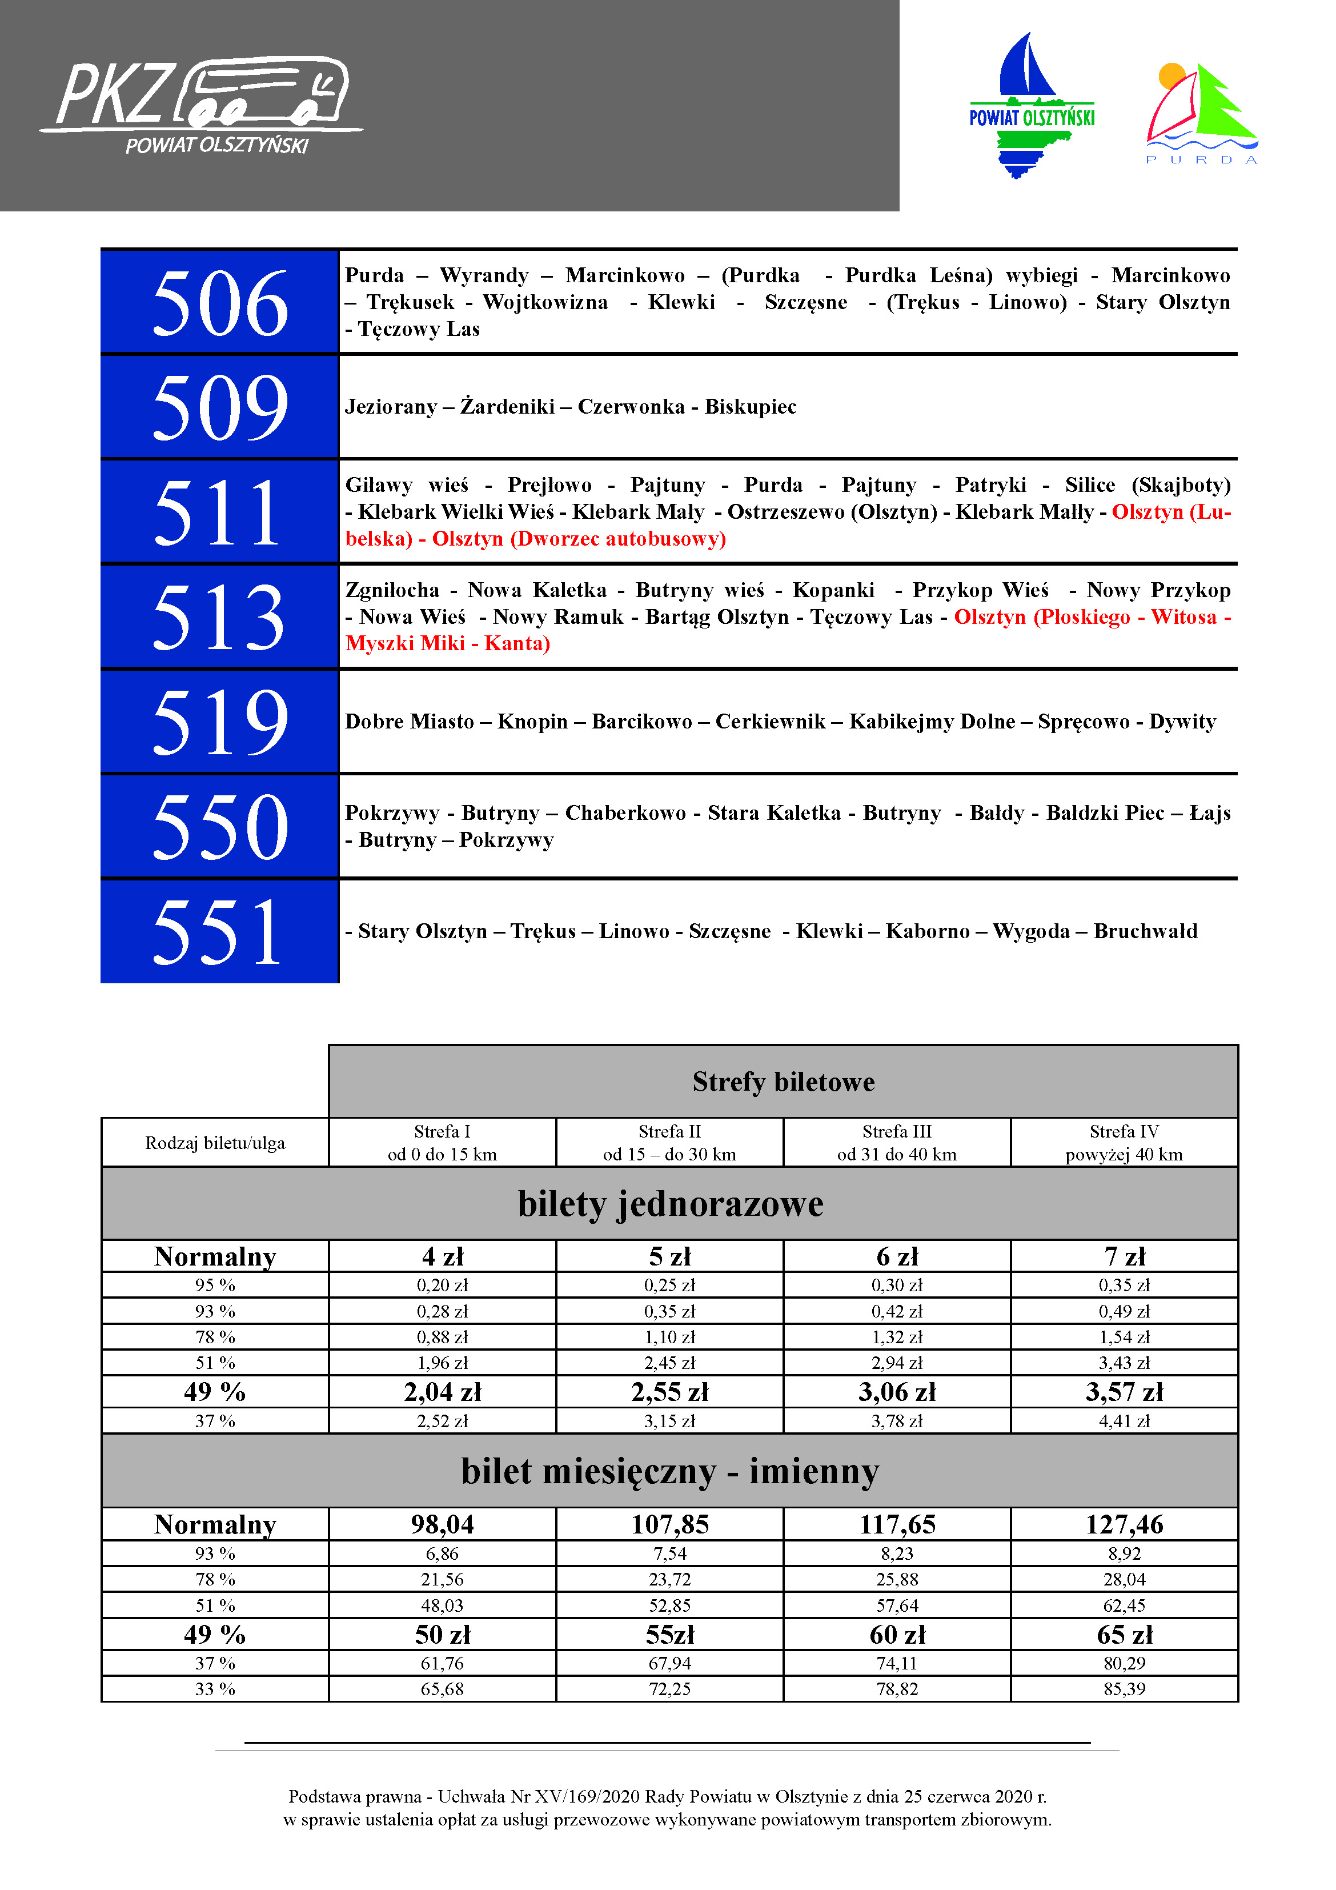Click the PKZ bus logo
point(202,103)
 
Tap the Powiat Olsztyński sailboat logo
point(1032,105)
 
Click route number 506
point(220,303)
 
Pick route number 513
point(220,616)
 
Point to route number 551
point(220,931)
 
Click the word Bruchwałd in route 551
point(1145,931)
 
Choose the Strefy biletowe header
point(783,1082)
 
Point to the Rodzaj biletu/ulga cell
point(215,1143)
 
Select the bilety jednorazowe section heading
point(670,1203)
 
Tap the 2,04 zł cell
point(442,1392)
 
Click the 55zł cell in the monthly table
point(670,1634)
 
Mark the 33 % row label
point(215,1688)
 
